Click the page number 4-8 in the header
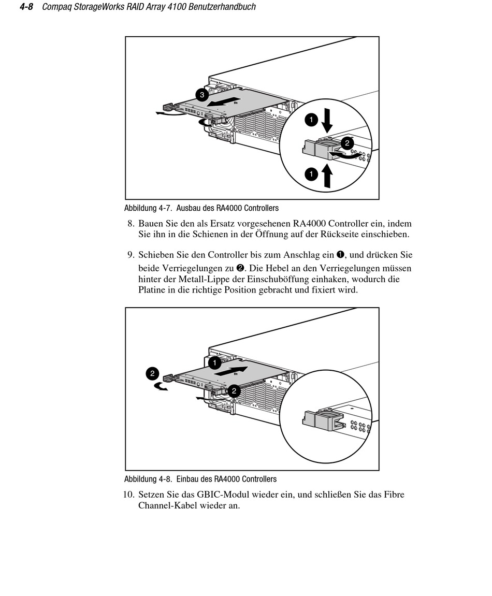26,7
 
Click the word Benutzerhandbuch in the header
226,7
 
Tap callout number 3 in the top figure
202,95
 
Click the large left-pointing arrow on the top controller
224,102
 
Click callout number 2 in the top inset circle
347,142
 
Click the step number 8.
131,224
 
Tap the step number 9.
131,255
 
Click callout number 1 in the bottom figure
214,362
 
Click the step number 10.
129,495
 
